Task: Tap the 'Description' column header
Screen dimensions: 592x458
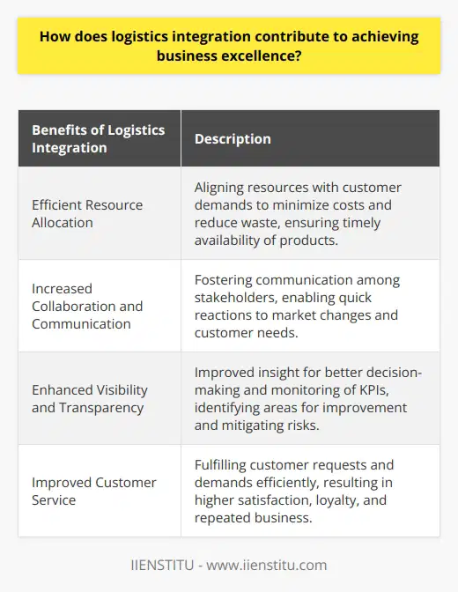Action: (x=233, y=138)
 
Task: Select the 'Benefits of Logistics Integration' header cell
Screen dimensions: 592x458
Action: (x=99, y=138)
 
